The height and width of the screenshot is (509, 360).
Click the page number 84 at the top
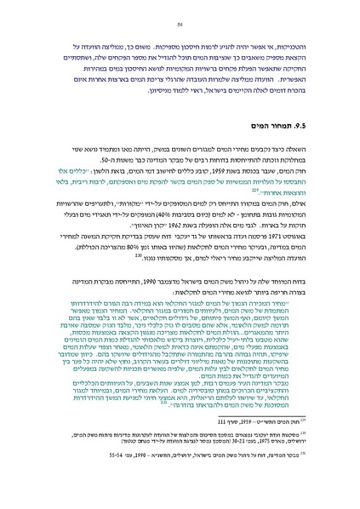180,25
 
